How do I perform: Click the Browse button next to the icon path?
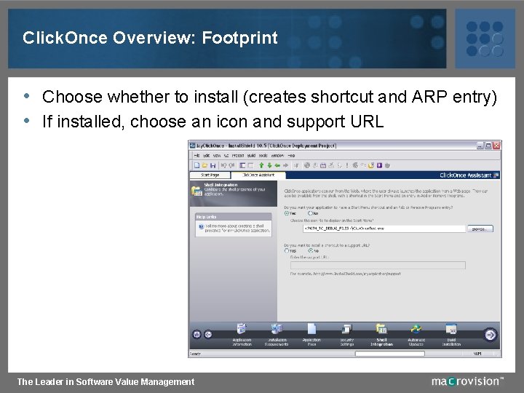(480, 229)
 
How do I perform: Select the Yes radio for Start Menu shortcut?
(287, 213)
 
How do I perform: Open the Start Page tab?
(210, 175)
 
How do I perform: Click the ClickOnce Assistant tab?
(258, 175)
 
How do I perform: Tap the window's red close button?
(497, 145)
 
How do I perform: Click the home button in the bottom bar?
(196, 335)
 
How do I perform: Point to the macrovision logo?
(467, 381)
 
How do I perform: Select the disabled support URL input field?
(378, 265)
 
